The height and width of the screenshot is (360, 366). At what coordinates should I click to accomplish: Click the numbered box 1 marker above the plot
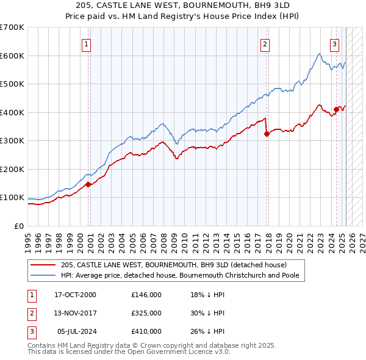tap(87, 44)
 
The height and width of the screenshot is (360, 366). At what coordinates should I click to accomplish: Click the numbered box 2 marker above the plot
tap(265, 44)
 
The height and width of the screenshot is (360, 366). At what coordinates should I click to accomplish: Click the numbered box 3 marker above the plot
tap(335, 44)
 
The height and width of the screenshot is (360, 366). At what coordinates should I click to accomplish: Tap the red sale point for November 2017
tap(267, 134)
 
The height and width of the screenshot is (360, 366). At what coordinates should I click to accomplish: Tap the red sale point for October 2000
tap(88, 184)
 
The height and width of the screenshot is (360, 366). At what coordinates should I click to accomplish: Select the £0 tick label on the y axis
tap(20, 226)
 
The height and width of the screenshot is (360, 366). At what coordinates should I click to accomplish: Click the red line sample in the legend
tap(43, 265)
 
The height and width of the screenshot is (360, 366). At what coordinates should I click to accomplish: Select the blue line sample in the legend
tap(43, 275)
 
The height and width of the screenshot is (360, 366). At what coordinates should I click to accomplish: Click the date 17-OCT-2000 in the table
tap(76, 295)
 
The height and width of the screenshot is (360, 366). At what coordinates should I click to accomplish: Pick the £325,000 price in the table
tap(146, 313)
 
